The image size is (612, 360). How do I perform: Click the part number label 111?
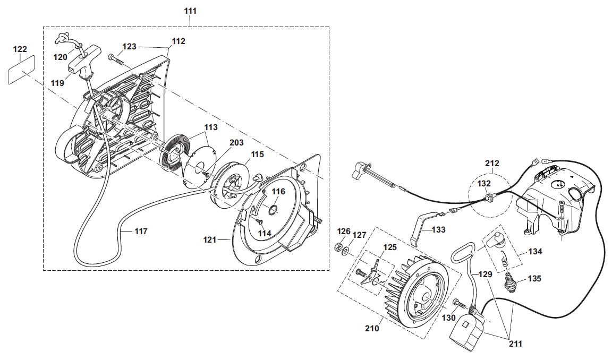(190, 11)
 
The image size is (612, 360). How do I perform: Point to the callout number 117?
(141, 232)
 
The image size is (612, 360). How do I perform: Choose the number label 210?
(372, 329)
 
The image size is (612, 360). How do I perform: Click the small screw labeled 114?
(259, 221)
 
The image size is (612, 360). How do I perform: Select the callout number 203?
(236, 143)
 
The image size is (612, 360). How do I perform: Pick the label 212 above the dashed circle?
(492, 163)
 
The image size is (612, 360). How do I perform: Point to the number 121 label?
(210, 240)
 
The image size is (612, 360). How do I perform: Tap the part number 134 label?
(535, 252)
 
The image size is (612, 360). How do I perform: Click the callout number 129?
(485, 274)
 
